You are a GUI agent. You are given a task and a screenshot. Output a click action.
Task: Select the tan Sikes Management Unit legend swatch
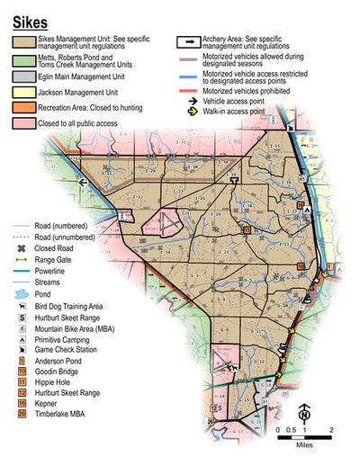pos(23,43)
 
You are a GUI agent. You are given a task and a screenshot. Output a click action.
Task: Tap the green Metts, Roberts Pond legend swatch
pos(23,62)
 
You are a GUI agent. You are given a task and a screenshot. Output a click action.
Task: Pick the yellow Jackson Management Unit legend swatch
pos(23,92)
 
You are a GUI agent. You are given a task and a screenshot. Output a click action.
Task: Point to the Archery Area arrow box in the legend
pos(188,42)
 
